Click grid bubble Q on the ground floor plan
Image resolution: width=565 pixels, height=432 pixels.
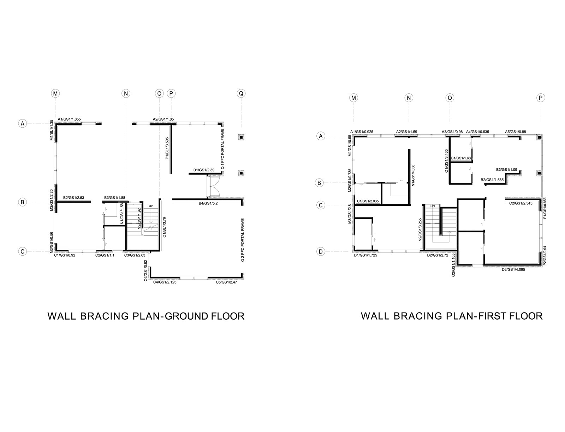(x=241, y=94)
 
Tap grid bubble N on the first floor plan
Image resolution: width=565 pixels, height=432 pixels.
(x=409, y=98)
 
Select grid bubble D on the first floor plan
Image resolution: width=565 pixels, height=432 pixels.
(x=321, y=251)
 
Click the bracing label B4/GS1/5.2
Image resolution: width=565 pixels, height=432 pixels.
(x=208, y=204)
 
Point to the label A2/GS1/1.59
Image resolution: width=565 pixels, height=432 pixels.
(x=406, y=132)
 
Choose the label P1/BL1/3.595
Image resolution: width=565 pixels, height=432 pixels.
(x=167, y=148)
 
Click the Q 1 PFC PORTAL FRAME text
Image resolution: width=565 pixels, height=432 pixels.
(x=222, y=149)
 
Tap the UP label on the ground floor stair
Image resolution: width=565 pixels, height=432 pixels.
(x=151, y=206)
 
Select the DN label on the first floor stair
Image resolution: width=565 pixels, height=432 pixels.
(x=433, y=206)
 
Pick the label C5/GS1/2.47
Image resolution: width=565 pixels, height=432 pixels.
(x=226, y=282)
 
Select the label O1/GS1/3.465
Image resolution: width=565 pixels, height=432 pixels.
(x=446, y=161)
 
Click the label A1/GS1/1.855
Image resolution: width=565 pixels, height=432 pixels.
(x=69, y=119)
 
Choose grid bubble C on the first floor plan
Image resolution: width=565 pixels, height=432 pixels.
(x=321, y=205)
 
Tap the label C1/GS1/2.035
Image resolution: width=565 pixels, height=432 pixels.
(x=368, y=201)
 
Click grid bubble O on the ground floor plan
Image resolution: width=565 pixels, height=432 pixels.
(x=159, y=94)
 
